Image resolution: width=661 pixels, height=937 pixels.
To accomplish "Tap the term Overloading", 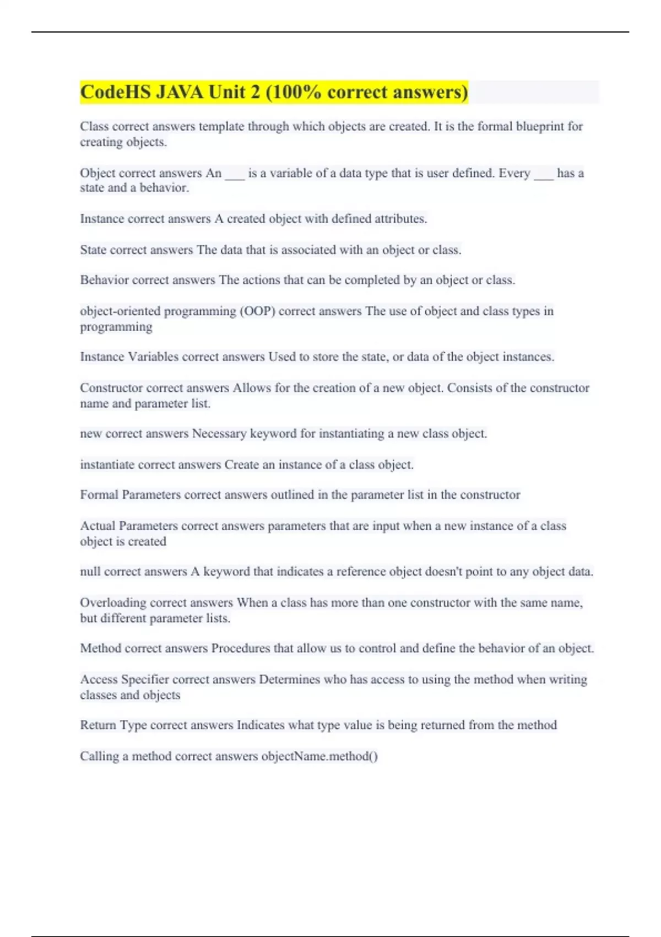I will [x=113, y=602].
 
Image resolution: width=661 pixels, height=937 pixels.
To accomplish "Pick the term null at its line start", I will [x=90, y=572].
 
